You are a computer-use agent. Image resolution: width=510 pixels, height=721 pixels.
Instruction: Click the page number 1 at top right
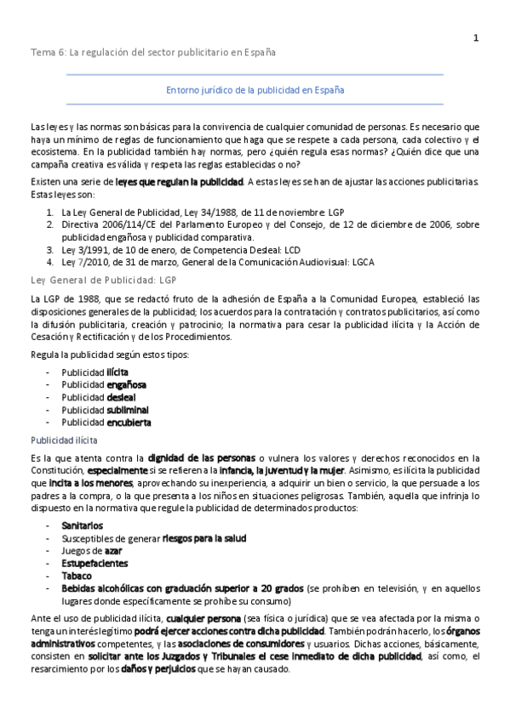476,37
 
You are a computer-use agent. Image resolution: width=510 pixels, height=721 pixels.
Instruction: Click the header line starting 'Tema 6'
153,53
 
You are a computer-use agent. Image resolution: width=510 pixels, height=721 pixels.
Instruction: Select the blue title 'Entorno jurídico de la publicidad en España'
255,88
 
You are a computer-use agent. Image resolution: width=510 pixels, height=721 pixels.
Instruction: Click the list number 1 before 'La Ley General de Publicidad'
50,211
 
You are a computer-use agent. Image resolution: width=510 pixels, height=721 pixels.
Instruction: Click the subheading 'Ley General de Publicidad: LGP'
103,279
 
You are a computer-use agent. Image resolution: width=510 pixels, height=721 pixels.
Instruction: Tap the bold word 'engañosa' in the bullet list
126,384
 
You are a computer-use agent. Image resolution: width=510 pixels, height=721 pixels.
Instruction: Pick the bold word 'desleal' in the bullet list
121,397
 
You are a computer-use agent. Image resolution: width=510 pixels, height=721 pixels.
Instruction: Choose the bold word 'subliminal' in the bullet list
128,409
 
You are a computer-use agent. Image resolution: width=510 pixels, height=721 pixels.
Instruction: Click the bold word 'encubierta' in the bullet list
129,422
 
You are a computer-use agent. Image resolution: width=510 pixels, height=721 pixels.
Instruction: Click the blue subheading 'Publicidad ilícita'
64,440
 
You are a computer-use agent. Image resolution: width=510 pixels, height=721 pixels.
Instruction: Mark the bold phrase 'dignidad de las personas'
201,457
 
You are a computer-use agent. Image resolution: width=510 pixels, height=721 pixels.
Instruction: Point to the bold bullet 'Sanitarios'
82,526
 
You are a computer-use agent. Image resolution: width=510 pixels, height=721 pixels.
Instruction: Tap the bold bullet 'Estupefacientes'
95,563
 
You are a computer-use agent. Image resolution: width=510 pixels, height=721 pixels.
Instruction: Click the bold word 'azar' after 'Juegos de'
113,551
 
